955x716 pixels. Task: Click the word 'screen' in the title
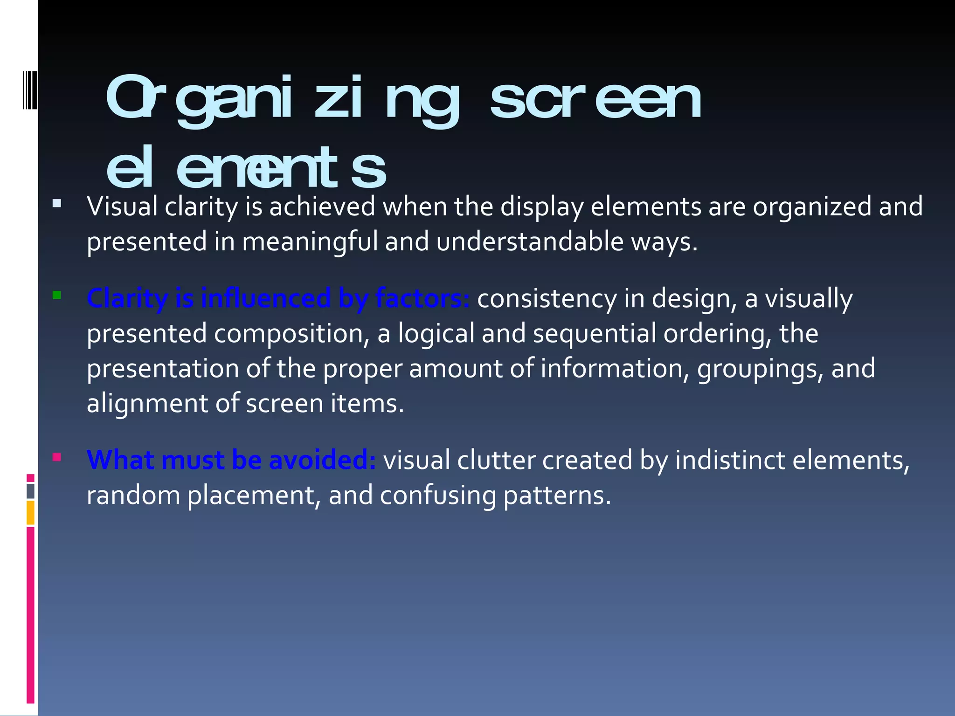pos(595,99)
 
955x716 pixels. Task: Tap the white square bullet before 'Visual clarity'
pos(57,203)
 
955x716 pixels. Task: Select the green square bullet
pos(57,295)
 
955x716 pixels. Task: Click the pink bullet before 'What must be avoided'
pos(57,457)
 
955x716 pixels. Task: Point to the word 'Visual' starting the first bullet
pos(122,207)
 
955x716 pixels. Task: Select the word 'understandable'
pos(530,242)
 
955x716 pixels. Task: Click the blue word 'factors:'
pos(422,298)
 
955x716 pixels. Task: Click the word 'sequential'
pos(595,334)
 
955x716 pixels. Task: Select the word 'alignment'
pos(147,404)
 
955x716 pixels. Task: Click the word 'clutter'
pos(496,460)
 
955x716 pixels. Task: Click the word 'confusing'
pos(438,495)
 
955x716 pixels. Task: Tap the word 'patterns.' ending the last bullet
pos(557,495)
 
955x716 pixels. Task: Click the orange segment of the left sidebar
pos(30,513)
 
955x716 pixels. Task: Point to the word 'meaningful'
pos(310,242)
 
